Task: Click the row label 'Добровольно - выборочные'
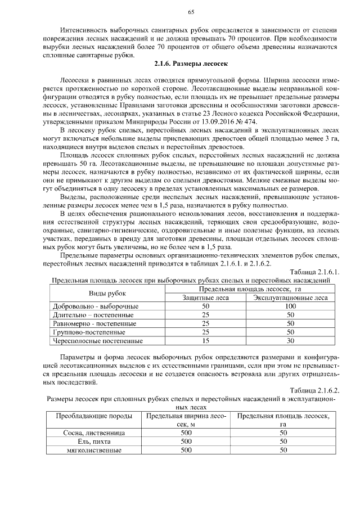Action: click(96, 306)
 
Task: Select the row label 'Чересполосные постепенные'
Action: click(98, 340)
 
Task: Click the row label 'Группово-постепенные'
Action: click(89, 332)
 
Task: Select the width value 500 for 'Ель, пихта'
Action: click(186, 442)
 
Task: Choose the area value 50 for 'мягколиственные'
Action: click(283, 450)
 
